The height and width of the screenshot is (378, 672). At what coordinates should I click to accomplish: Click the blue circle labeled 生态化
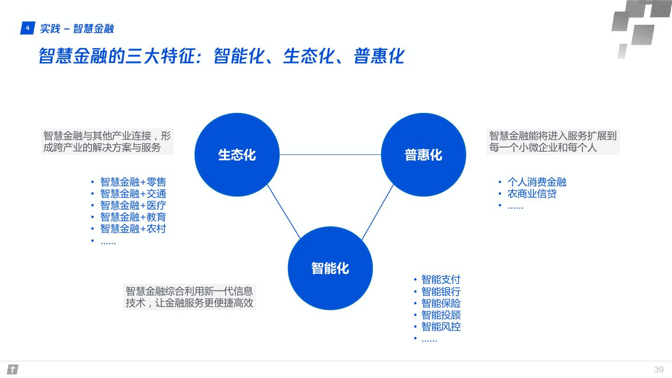(x=237, y=154)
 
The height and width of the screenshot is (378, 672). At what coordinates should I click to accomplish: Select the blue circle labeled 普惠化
(x=423, y=154)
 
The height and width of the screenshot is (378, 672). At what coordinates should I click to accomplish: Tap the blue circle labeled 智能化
(x=330, y=268)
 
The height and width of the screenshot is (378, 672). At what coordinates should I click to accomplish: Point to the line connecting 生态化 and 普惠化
(x=330, y=154)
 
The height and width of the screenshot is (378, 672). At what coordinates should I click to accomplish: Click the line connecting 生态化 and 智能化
(x=283, y=211)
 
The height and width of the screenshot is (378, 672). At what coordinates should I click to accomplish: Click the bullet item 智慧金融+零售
(x=133, y=182)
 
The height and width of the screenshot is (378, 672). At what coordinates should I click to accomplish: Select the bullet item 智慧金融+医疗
(x=133, y=205)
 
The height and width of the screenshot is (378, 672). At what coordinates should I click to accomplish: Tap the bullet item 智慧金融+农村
(x=133, y=229)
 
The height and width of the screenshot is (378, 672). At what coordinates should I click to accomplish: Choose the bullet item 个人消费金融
(x=537, y=182)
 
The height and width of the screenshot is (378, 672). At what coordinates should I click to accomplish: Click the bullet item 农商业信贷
(x=532, y=194)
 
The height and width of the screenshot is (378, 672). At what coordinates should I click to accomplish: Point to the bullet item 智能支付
(x=441, y=280)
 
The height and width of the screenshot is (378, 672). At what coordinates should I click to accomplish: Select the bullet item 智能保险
(x=441, y=303)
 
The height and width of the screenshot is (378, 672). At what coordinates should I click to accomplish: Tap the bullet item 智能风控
(x=441, y=327)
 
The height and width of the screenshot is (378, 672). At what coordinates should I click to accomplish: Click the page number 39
(x=658, y=370)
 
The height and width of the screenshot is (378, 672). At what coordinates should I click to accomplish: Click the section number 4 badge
(x=28, y=28)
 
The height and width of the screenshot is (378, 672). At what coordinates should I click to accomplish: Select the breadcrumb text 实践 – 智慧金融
(x=77, y=29)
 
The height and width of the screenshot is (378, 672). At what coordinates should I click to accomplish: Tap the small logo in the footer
(x=13, y=370)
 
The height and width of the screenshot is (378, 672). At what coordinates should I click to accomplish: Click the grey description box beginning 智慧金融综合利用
(x=189, y=297)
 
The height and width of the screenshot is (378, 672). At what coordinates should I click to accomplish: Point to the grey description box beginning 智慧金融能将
(x=553, y=142)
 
